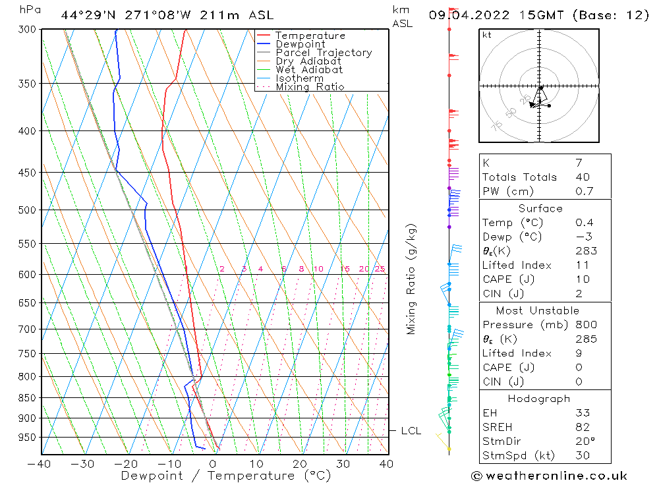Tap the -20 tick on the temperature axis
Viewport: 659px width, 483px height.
126,464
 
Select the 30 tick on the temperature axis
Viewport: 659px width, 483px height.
343,464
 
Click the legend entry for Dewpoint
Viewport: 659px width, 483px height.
300,44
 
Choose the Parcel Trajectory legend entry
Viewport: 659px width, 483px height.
324,53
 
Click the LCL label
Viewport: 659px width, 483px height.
411,431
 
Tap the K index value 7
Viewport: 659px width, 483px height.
578,162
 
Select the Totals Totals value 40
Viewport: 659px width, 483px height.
582,177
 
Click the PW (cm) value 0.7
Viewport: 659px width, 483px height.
584,191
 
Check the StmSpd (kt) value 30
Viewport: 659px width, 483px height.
583,455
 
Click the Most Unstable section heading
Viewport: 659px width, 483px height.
538,310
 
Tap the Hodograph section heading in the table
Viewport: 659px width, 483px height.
539,399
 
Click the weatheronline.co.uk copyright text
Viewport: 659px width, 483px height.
549,476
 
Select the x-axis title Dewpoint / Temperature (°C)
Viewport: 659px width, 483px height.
226,476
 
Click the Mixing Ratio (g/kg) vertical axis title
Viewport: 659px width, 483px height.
412,279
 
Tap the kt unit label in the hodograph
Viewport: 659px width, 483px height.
486,35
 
